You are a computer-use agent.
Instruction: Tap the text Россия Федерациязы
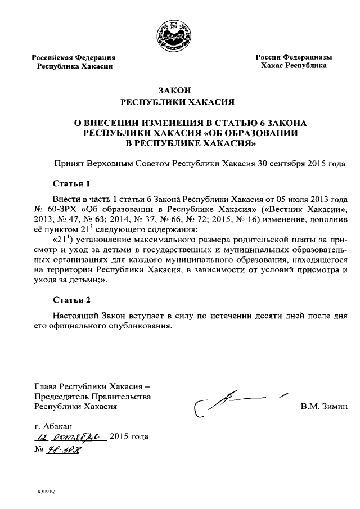[x=294, y=57]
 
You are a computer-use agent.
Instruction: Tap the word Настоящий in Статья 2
[x=76, y=316]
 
